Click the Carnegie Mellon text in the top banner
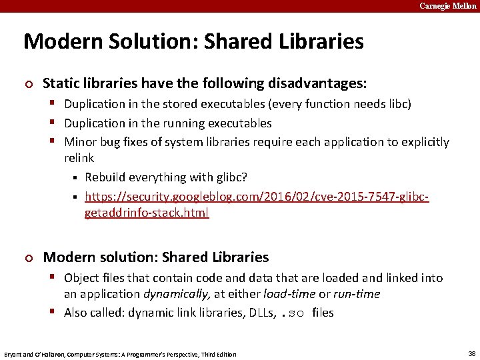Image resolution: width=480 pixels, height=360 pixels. click(447, 6)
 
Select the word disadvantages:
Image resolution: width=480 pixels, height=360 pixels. click(317, 83)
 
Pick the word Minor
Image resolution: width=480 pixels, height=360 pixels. click(81, 142)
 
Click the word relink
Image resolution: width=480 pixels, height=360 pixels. click(79, 158)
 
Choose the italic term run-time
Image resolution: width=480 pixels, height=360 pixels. click(357, 294)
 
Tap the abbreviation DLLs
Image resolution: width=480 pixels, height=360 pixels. click(255, 313)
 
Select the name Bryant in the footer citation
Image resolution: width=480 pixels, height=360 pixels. click(15, 354)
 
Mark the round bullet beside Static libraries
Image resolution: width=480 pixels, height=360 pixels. click(27, 84)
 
